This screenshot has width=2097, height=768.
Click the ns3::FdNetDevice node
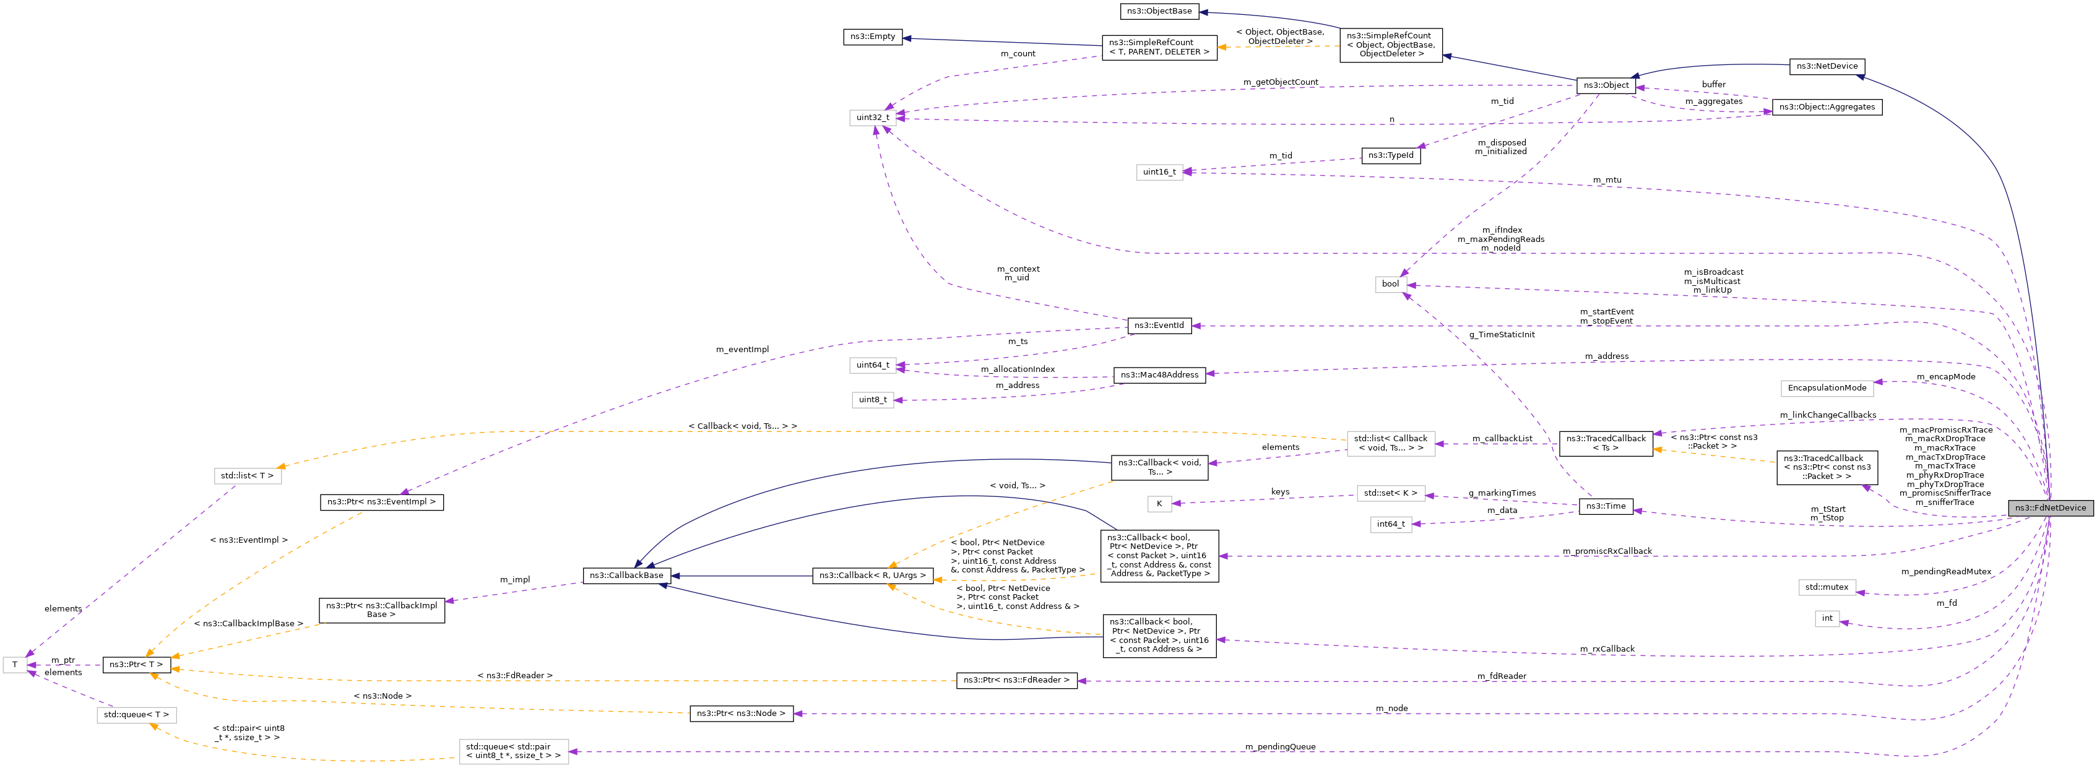[x=2050, y=507]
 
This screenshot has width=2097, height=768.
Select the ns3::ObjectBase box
[x=1159, y=11]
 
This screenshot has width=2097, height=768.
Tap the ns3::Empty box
[x=872, y=37]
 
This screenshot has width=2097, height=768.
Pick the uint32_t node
[x=872, y=117]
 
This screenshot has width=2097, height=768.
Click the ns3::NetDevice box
[x=1826, y=66]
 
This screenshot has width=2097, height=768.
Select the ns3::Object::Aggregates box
[x=1826, y=106]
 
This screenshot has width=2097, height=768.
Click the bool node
[x=1390, y=284]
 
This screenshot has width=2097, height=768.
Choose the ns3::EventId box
[x=1159, y=326]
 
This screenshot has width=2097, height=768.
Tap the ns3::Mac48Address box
[x=1159, y=375]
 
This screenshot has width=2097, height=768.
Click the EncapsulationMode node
[x=1826, y=388]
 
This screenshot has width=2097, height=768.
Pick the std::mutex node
[x=1826, y=587]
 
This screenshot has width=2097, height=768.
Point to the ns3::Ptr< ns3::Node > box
[x=741, y=714]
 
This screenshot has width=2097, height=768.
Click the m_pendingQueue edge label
[x=1280, y=747]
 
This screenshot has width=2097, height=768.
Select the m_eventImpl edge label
[x=742, y=350]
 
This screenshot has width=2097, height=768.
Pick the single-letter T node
[x=15, y=665]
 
